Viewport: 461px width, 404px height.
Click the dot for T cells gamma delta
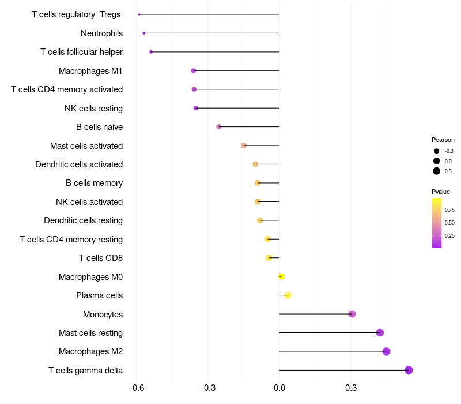coord(409,371)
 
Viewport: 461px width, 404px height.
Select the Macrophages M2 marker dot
coord(386,351)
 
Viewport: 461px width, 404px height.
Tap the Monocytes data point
coord(352,314)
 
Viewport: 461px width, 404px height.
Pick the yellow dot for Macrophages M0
coord(281,276)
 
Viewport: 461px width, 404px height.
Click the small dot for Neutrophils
coord(144,33)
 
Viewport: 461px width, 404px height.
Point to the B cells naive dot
coord(219,127)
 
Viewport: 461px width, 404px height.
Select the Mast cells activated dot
coord(244,145)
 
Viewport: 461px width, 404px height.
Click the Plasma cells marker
coord(288,295)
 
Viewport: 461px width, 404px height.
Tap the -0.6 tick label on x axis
coord(137,387)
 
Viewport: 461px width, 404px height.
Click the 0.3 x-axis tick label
coord(350,387)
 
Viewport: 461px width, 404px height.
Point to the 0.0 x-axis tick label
coord(279,387)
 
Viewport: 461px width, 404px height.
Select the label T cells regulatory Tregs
coord(76,14)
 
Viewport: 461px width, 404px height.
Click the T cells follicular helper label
coord(81,52)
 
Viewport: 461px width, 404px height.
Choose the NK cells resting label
coord(93,108)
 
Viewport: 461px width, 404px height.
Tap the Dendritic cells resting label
coord(83,220)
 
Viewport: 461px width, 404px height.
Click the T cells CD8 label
coord(101,258)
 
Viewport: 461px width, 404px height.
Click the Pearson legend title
coord(443,140)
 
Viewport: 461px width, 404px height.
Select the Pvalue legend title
coord(441,192)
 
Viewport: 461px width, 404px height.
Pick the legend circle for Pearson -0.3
coord(437,151)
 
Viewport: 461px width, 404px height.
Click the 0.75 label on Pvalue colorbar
coord(450,210)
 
